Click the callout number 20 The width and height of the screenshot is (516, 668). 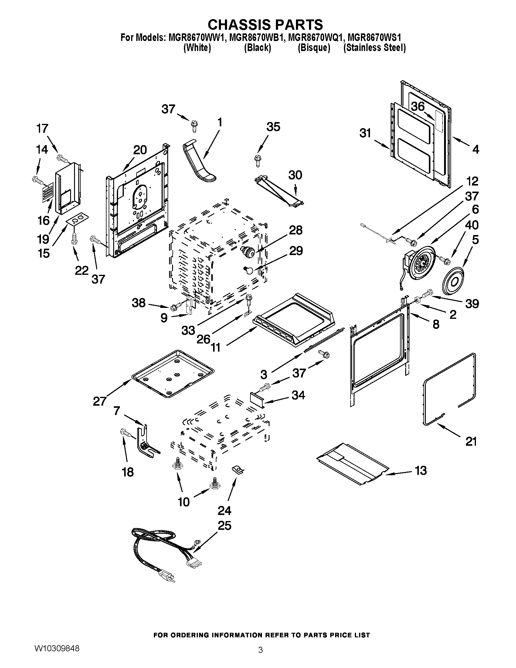pos(140,150)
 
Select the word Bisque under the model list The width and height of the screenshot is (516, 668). pos(314,48)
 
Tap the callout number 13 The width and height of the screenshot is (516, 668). pos(421,470)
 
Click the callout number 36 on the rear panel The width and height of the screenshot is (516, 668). pos(418,107)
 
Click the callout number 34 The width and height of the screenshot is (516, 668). pos(298,395)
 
